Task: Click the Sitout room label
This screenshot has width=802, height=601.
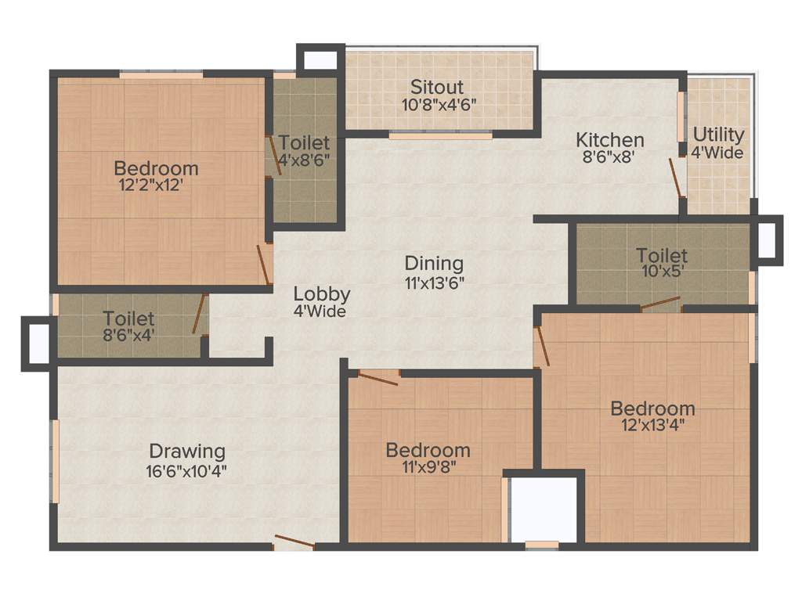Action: pos(437,87)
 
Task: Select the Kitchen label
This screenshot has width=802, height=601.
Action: pos(610,140)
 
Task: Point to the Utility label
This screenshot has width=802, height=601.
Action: pos(717,134)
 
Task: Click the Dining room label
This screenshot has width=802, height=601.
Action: pos(434,264)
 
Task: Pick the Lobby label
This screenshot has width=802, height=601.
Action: pos(322,294)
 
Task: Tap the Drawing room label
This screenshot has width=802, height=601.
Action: pos(187,452)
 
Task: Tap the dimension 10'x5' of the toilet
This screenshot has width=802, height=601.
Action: pos(662,272)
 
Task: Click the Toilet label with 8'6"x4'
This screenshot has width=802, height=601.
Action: pos(128,319)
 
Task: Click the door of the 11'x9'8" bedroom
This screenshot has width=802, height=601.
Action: pos(377,379)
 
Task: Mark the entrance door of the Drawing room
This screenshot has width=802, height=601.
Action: pos(294,542)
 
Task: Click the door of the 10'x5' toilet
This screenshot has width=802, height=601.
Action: pos(660,304)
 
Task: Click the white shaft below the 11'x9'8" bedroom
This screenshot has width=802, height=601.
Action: pos(544,509)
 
